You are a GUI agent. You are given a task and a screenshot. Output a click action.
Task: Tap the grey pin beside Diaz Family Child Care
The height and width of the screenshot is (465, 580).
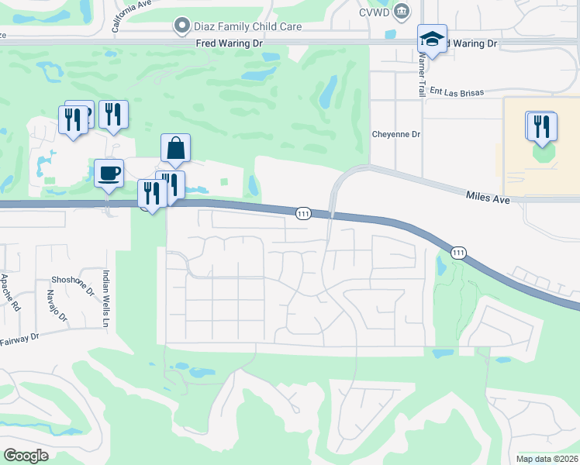coord(182,26)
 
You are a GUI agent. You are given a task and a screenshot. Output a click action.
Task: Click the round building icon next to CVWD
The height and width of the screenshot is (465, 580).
coord(401,10)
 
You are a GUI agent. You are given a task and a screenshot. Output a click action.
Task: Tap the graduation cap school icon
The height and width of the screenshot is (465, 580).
coord(433,39)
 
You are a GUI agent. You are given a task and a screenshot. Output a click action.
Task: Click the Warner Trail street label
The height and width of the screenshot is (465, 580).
coord(423,74)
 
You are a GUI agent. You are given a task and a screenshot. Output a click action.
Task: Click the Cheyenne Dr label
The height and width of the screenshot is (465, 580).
coord(395,134)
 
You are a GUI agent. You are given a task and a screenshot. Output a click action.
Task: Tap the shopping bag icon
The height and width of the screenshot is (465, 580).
coord(176,148)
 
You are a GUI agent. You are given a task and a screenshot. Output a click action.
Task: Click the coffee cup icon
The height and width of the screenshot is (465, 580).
coord(109,173)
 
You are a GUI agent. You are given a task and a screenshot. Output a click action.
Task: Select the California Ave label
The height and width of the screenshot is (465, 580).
coord(131,14)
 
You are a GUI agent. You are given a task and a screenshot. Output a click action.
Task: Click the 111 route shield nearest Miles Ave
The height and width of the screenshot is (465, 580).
coord(459,252)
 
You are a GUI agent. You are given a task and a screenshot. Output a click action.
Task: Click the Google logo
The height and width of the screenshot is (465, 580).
coord(26,456)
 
